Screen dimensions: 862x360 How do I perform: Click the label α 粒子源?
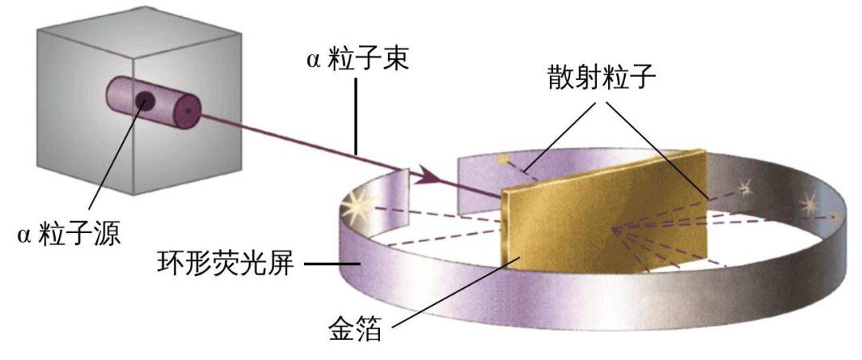point(69,235)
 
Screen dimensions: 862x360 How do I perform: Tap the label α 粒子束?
point(358,60)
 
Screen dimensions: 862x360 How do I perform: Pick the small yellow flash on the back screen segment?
point(503,160)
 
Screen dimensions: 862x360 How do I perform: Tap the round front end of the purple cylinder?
point(187,112)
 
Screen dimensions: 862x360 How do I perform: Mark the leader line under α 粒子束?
point(357,116)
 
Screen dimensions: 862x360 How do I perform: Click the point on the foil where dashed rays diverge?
point(612,228)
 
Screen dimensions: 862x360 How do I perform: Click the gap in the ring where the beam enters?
point(434,187)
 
